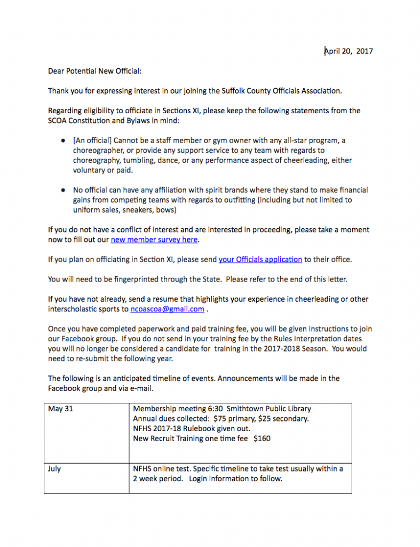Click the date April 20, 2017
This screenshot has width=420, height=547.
point(349,51)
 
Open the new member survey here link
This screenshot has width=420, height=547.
point(154,240)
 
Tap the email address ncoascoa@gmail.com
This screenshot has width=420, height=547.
point(167,309)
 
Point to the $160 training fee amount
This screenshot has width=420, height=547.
point(261,439)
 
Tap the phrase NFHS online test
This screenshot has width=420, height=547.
point(159,469)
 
